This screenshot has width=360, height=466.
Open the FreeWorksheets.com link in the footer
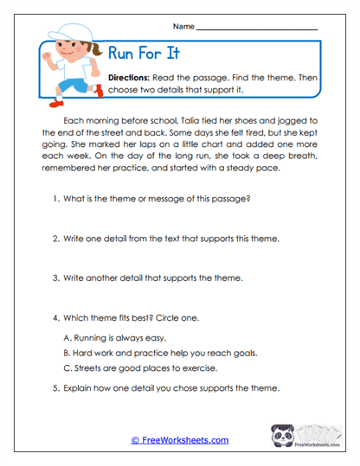point(179,440)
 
